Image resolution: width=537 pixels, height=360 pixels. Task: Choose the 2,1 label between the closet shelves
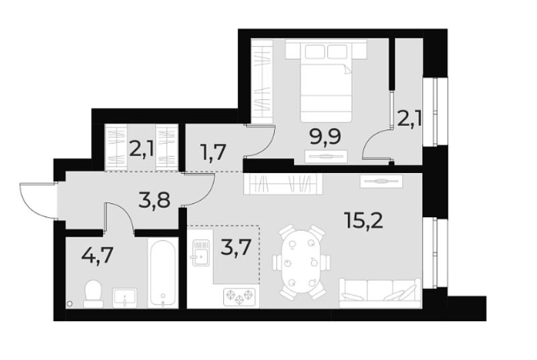141,147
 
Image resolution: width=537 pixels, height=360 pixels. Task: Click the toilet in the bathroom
92,292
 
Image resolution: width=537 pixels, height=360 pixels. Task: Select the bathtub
162,274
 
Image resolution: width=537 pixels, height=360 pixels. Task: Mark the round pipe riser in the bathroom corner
70,304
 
